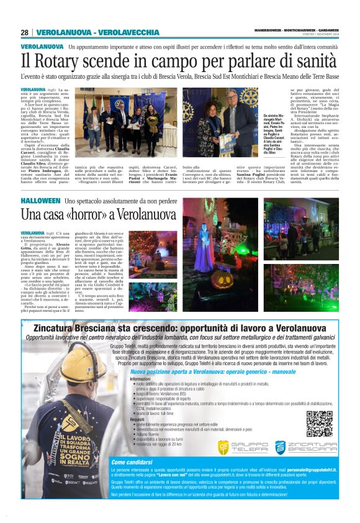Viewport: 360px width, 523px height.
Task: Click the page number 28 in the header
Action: point(25,32)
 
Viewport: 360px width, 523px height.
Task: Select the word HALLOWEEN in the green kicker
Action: point(40,201)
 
